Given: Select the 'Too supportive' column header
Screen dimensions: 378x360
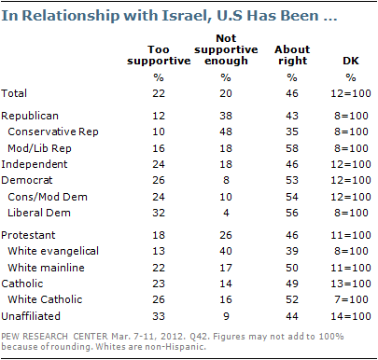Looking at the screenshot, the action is click(x=159, y=55).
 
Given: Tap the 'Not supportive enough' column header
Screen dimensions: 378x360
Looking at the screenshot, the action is click(x=226, y=49).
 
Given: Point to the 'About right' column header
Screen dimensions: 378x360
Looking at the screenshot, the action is click(x=292, y=55).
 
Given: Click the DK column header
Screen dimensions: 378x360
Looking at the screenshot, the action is click(x=351, y=61).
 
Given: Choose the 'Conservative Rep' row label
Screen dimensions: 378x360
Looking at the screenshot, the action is click(x=53, y=132).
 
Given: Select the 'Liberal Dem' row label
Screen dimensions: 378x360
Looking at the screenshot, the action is click(x=39, y=213).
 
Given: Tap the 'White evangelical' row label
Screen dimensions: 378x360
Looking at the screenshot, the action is click(x=53, y=251).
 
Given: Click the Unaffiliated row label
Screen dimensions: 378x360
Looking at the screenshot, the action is click(x=31, y=316).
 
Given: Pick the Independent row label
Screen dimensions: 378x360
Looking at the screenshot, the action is click(x=35, y=164).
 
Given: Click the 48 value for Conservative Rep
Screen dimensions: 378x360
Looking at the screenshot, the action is click(x=226, y=132).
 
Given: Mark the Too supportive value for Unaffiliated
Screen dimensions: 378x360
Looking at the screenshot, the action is click(x=159, y=316).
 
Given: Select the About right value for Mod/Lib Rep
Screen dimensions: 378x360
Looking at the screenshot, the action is click(x=292, y=148).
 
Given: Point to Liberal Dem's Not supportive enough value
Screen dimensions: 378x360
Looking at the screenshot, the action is click(x=226, y=213).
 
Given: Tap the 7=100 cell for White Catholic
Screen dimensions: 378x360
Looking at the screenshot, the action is click(x=351, y=299).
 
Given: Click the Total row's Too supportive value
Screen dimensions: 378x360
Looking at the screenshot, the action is click(x=159, y=93).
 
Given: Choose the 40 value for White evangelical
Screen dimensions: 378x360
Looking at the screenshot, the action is click(x=226, y=251).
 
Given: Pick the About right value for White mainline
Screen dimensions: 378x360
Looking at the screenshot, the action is click(x=292, y=268).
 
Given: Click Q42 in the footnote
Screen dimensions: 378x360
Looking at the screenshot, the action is click(x=199, y=337).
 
